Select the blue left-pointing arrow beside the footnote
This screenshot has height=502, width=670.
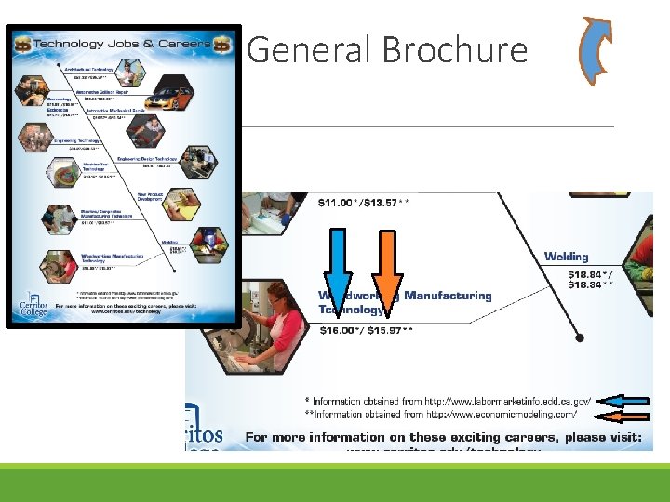point(622,401)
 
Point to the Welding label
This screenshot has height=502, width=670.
point(566,257)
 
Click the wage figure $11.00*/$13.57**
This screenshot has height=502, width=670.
point(364,202)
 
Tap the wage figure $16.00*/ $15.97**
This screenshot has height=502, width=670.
point(367,330)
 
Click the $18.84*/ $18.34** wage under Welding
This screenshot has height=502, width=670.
point(590,281)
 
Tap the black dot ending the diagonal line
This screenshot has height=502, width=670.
point(580,338)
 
